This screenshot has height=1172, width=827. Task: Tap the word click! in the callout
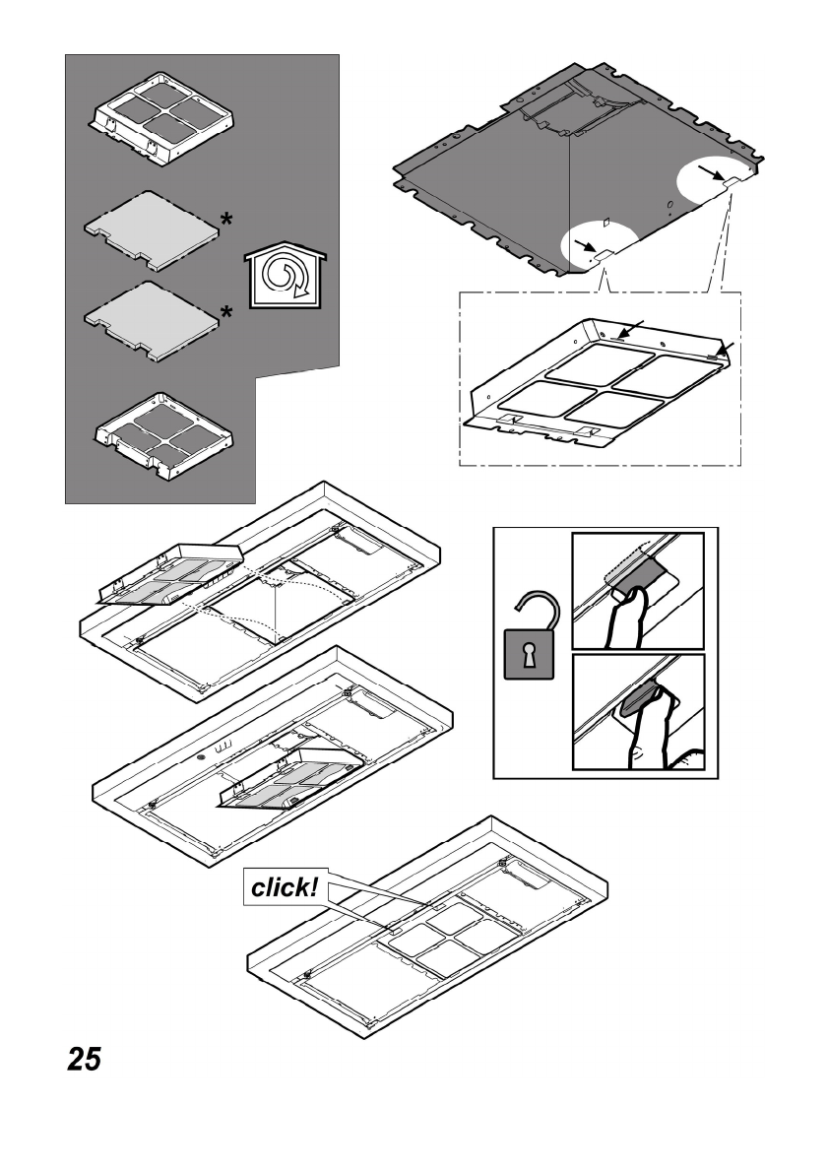pyautogui.click(x=285, y=886)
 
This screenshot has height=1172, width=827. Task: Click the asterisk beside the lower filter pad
pyautogui.click(x=227, y=314)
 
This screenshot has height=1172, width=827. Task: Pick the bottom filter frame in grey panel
pyautogui.click(x=162, y=435)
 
